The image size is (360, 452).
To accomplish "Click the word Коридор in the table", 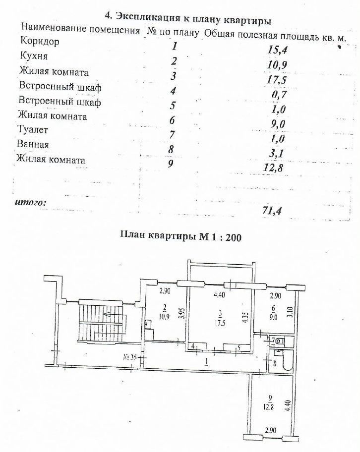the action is [40, 41].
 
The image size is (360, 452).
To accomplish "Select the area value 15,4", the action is [278, 50].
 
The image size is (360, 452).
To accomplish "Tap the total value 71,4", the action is [272, 211].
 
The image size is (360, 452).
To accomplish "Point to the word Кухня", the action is [33, 56].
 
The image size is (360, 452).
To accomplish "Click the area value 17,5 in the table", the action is [277, 80].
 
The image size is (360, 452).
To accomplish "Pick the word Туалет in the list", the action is [33, 129].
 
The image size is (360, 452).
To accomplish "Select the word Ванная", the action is [33, 144].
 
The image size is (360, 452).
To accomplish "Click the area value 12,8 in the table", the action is [273, 168].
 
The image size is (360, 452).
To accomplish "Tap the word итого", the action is [30, 202].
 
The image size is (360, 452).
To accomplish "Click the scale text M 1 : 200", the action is [220, 237].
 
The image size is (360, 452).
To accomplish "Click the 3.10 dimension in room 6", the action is [291, 312].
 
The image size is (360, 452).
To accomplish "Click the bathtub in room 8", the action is [288, 360].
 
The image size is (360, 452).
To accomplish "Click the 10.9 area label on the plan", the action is [165, 316].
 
